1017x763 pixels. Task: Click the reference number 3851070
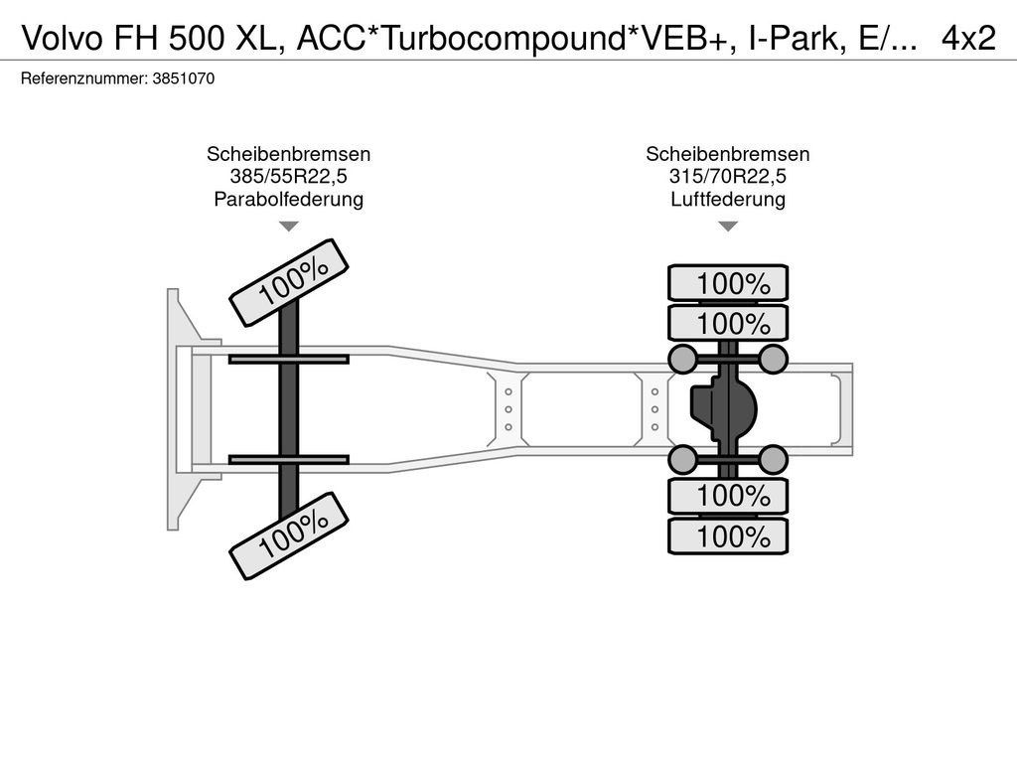coord(183,78)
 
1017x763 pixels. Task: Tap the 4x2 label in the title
coord(968,38)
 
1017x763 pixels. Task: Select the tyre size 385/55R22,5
coord(288,177)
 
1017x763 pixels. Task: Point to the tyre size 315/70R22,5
coord(728,177)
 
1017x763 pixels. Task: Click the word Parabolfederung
coord(288,199)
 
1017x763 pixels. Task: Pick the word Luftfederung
coord(728,199)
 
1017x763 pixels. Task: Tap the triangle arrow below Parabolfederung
coord(288,227)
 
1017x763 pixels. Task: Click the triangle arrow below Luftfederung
coord(728,227)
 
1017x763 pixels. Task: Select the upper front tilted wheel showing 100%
coord(289,282)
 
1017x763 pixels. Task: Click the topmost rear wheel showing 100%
coord(728,283)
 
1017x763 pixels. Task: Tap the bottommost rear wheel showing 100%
coord(728,537)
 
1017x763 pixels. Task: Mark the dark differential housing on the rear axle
coord(723,408)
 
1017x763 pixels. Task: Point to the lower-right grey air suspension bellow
coord(773,459)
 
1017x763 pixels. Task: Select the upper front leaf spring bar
coord(288,359)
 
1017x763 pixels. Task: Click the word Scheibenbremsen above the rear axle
coord(728,155)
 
